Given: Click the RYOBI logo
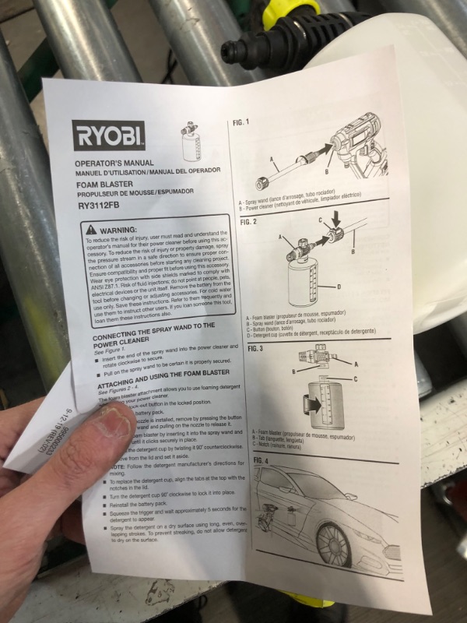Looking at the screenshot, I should point(108,136).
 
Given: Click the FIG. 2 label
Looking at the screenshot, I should point(248,222).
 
